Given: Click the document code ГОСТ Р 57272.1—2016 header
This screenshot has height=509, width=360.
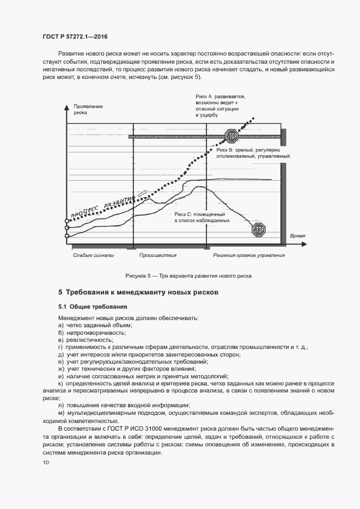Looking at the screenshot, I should click(74, 37).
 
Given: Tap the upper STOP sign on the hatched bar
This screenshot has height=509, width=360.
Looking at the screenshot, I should click(233, 136).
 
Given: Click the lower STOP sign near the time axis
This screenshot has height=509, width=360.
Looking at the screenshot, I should click(258, 230).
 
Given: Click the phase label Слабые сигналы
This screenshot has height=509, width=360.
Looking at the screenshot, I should click(94, 255).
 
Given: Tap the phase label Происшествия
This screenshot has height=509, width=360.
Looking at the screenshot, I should click(158, 255).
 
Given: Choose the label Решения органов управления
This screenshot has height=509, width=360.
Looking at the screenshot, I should click(249, 255).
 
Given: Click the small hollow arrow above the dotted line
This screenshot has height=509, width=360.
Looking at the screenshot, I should click(142, 193).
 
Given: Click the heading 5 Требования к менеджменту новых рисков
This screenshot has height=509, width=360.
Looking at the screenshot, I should click(138, 292).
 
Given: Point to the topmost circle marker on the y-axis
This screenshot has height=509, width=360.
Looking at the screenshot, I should click(67, 220).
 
